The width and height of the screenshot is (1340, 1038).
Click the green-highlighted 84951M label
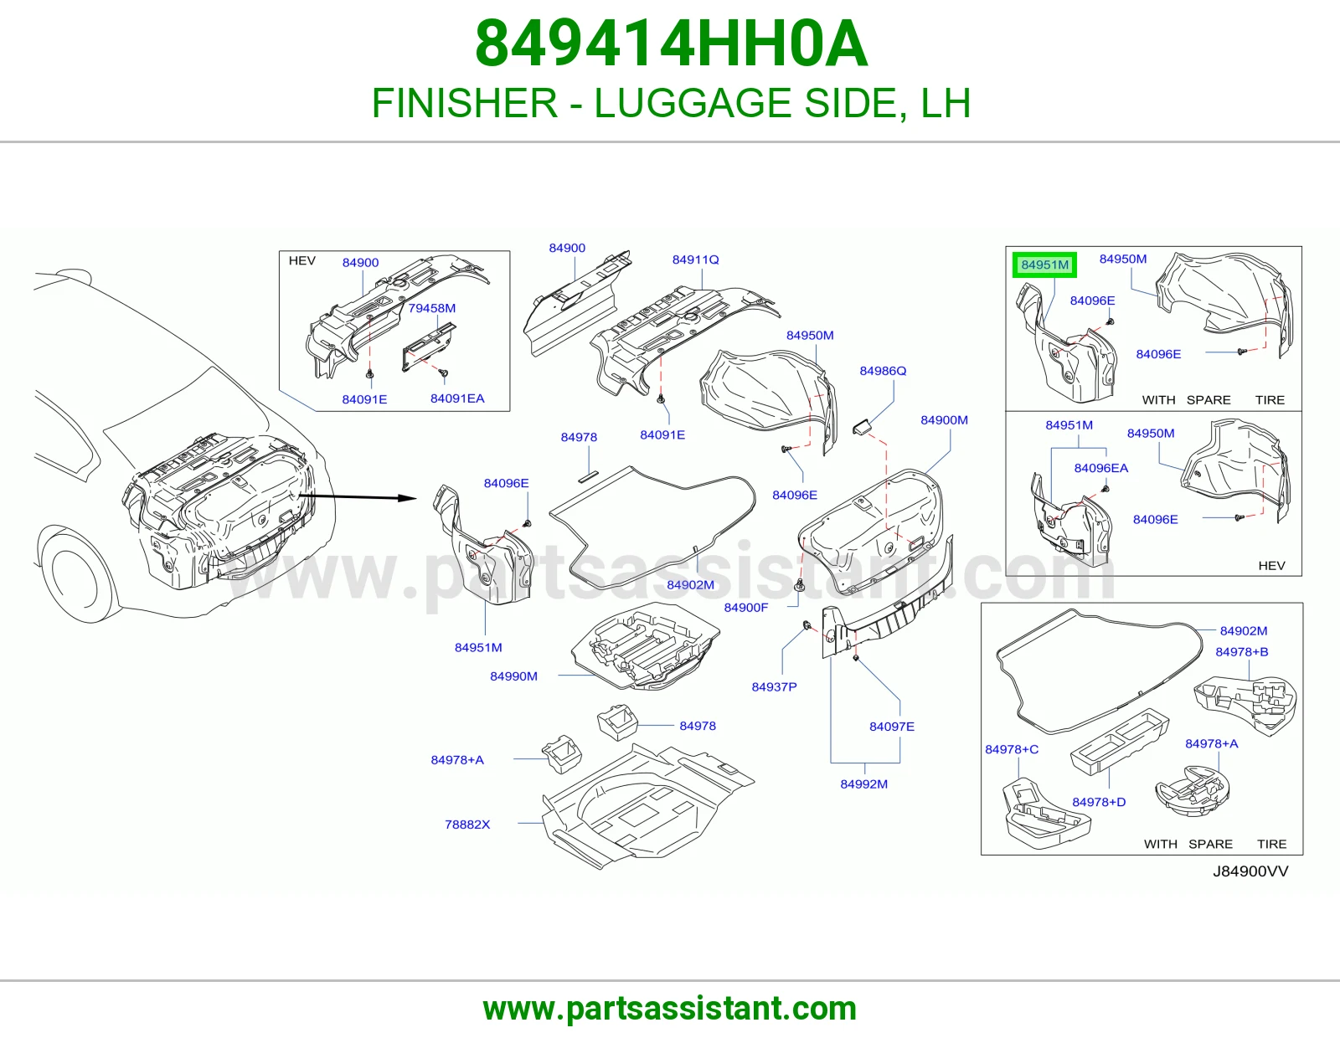(1044, 265)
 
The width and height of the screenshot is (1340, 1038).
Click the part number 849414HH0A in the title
(671, 44)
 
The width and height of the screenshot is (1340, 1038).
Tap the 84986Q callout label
(883, 371)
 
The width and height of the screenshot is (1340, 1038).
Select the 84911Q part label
(696, 259)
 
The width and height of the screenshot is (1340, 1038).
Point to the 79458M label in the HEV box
(431, 308)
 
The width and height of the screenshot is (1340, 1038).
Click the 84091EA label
(457, 398)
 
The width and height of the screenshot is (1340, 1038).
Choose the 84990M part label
(513, 676)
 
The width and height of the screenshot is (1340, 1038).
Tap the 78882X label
(467, 825)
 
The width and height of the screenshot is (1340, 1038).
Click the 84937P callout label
(774, 686)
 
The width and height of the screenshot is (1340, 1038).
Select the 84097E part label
(892, 727)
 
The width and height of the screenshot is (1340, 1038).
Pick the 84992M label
(864, 784)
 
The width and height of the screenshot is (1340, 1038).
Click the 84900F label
(746, 608)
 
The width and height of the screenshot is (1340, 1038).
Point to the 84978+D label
(1099, 802)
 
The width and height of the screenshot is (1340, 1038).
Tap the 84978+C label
(1012, 749)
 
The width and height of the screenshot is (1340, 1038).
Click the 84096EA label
(1101, 469)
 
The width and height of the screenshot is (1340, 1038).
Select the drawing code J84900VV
(1250, 871)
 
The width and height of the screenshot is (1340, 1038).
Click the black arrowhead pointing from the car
(408, 498)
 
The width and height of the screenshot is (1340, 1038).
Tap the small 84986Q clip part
(862, 427)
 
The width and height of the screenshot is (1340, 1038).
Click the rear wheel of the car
(74, 573)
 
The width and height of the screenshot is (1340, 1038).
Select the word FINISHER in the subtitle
(464, 103)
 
